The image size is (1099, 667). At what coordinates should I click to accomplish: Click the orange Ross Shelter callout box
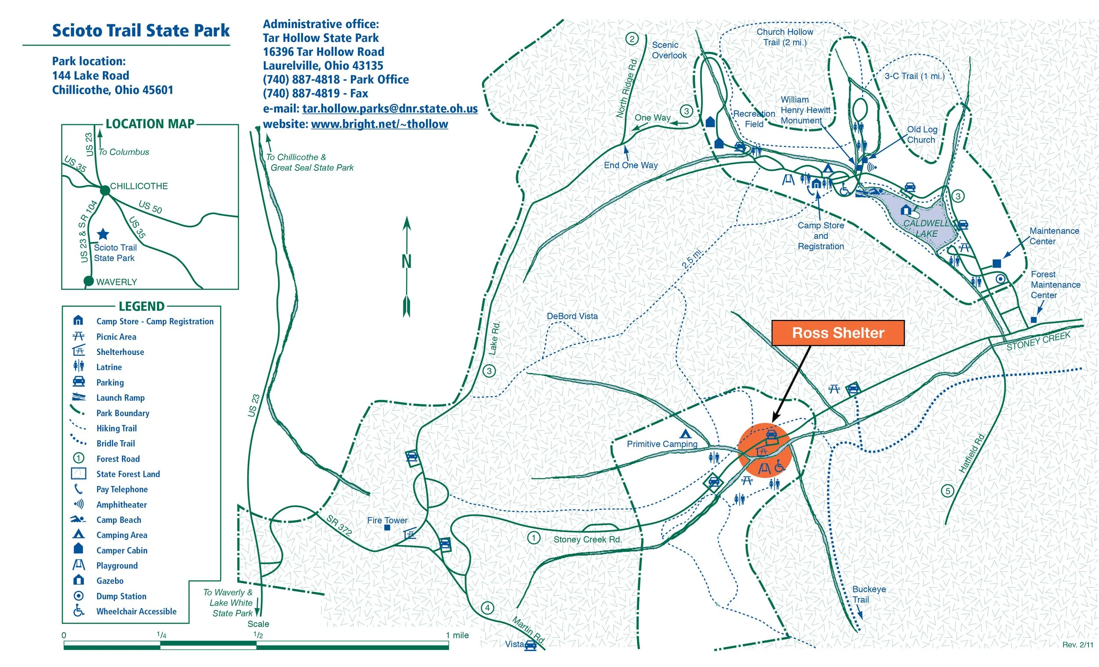coord(837,333)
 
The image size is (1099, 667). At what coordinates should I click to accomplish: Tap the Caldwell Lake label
coord(926,228)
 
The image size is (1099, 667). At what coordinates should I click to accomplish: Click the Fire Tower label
coord(387,520)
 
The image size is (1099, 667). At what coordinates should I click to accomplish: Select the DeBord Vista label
coord(572,316)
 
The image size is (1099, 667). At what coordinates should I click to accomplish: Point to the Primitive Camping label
coord(662,444)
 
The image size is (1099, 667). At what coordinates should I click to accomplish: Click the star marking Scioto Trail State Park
coord(103,234)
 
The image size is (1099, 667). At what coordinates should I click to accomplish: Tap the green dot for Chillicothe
coord(105,190)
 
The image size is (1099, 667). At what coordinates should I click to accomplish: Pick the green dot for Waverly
coord(89,281)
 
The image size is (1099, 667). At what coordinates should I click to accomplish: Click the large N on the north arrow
coord(406,261)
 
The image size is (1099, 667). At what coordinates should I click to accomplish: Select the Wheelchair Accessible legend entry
coord(136,611)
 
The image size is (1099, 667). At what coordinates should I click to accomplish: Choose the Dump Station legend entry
coord(121,596)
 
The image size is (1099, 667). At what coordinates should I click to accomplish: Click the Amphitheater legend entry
coord(121,505)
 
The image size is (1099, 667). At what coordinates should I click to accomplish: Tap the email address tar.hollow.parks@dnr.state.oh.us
coord(390,109)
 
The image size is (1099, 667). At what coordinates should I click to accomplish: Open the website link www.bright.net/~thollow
coord(379,124)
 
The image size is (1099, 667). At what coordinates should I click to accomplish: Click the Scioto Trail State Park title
coord(141,30)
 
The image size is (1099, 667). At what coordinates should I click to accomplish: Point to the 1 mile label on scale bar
coord(457,635)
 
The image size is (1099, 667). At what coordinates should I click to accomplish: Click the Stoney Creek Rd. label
coord(587,540)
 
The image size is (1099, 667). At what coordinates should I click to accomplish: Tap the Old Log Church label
coord(921,134)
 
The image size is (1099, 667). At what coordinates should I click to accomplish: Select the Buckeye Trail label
coord(868,594)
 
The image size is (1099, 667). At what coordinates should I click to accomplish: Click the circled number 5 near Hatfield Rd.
coord(947,491)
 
